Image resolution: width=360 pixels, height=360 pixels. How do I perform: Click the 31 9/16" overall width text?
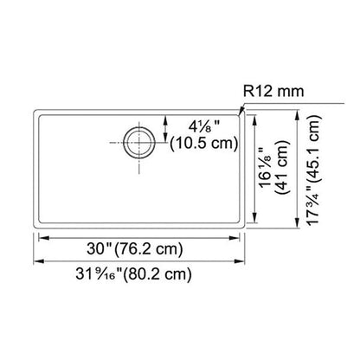tap(95, 276)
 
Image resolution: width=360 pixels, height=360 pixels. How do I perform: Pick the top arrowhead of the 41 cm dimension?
tap(255, 114)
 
